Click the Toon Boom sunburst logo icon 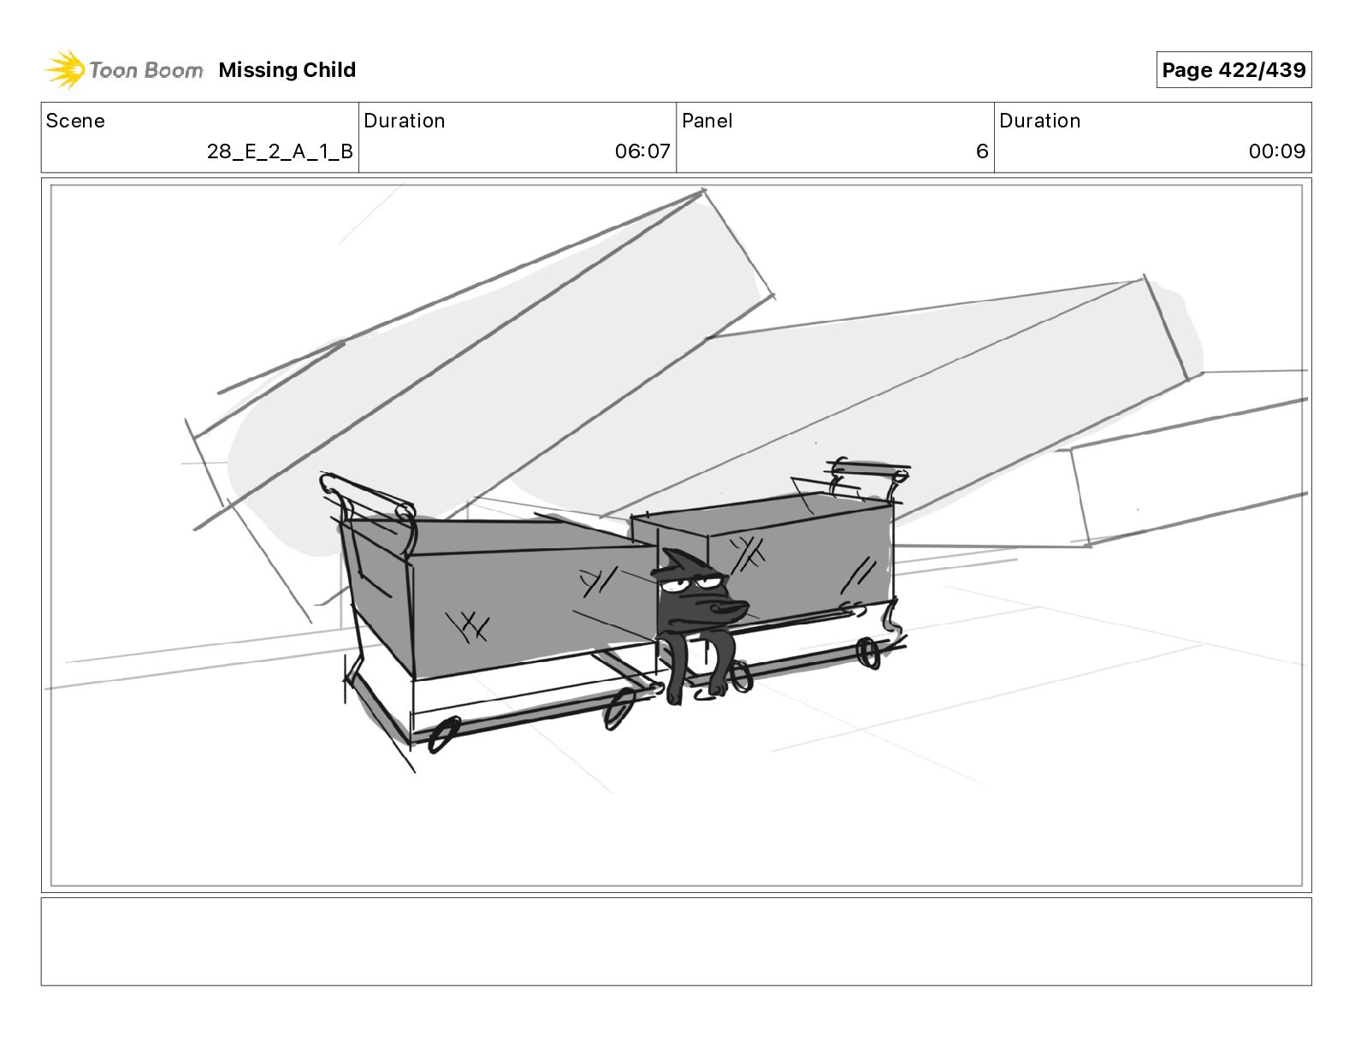coord(64,69)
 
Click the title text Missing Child coord(287,70)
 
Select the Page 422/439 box coord(1233,70)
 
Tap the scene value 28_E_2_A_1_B coord(280,151)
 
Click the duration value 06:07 coord(642,151)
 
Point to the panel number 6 coord(981,151)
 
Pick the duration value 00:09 coord(1276,151)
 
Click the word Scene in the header coord(75,121)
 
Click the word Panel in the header coord(707,121)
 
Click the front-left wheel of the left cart coord(443,736)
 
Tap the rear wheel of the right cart coord(869,654)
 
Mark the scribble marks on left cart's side coord(469,627)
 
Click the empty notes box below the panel coord(676,941)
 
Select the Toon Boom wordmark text coord(146,70)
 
